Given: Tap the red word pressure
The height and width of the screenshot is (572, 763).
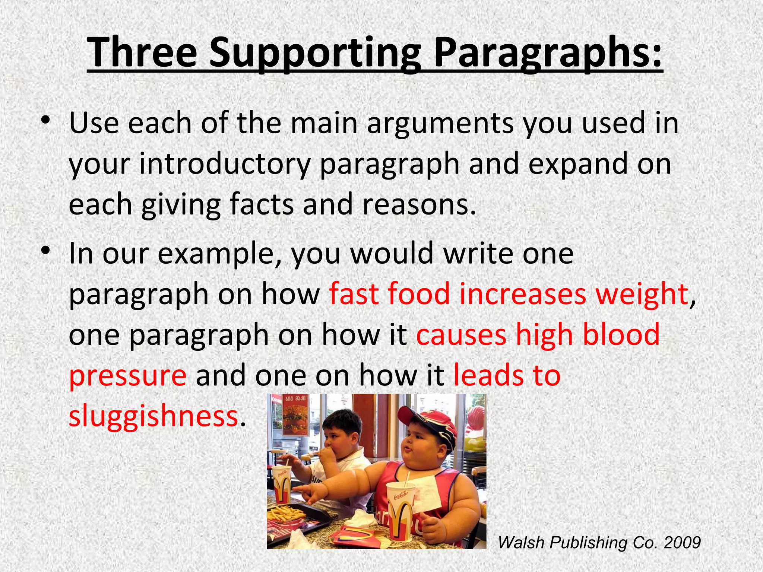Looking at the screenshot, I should click(128, 375).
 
